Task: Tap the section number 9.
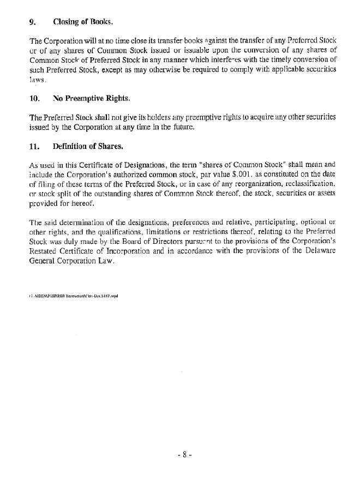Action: (x=32, y=22)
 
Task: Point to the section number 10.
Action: (x=34, y=99)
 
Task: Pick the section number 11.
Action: (x=34, y=147)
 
